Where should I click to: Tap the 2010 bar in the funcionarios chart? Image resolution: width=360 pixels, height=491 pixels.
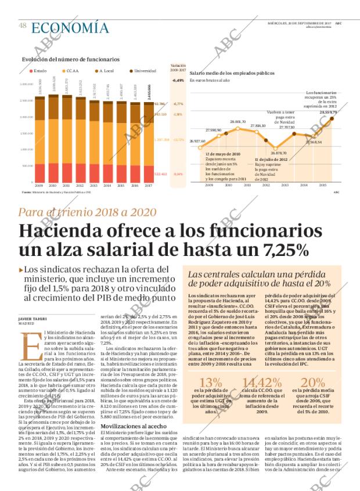pos(53,139)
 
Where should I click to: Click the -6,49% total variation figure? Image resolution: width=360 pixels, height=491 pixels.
pos(178,80)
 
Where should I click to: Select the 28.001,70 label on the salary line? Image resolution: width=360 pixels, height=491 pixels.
pos(238,121)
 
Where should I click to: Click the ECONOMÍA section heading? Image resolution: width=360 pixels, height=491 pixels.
pos(70,27)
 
